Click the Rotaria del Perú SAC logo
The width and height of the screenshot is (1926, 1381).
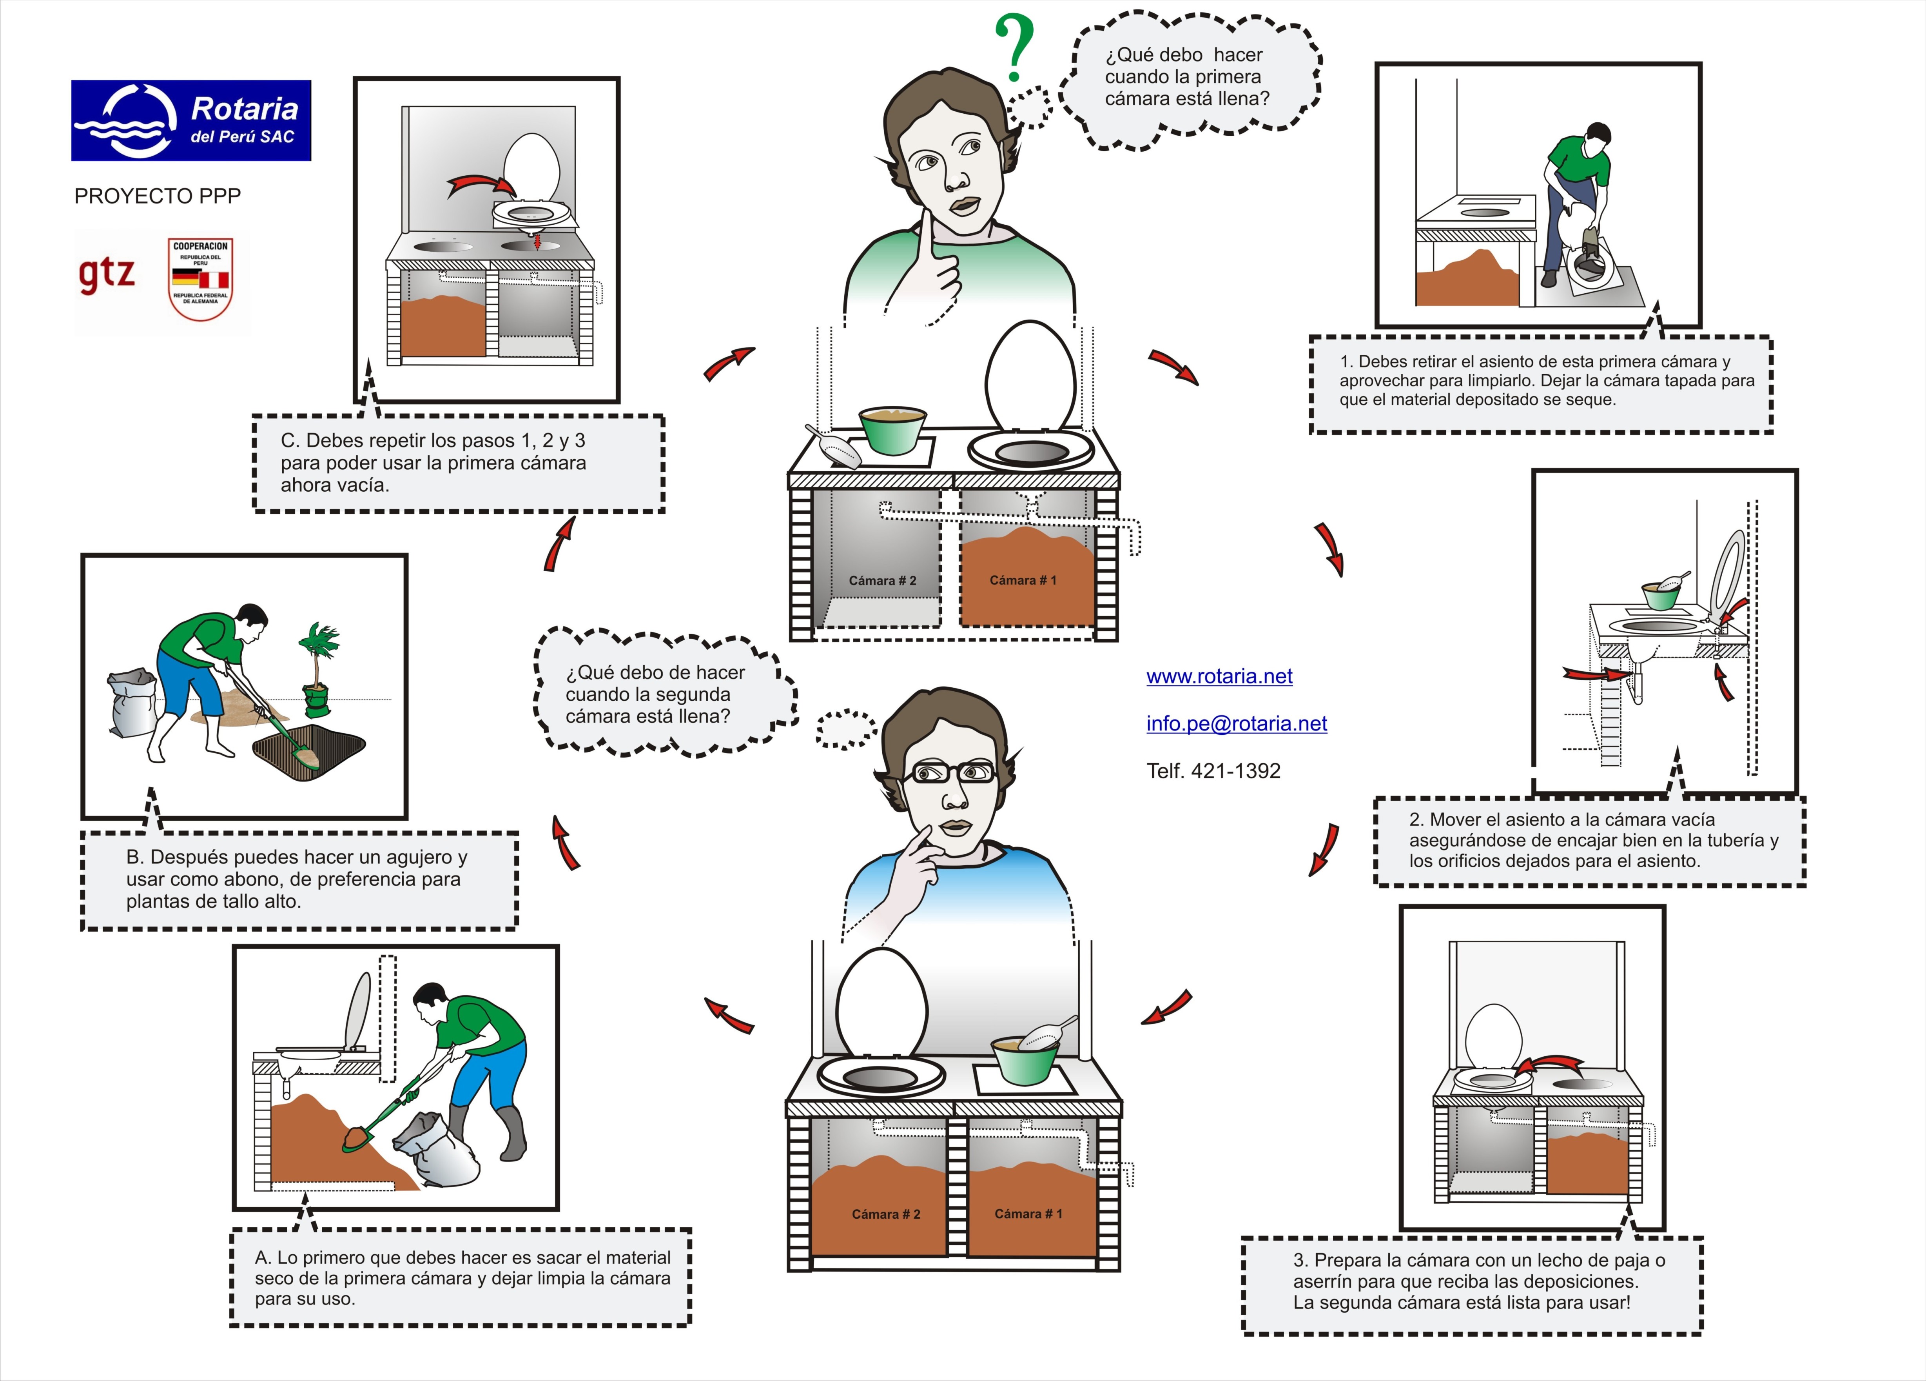(191, 121)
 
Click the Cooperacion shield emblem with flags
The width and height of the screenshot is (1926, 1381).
(200, 278)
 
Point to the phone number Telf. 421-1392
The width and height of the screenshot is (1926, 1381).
(1213, 771)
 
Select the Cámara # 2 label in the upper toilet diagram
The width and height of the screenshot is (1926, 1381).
(882, 581)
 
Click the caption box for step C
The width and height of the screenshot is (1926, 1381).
(459, 463)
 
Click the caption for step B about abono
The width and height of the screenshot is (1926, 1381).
(299, 880)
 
